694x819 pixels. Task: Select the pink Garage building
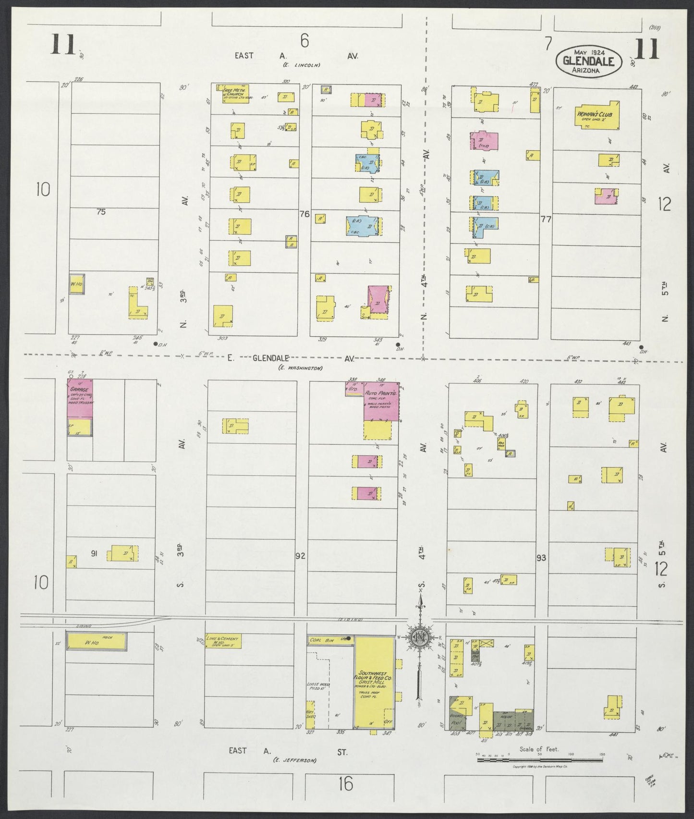click(80, 398)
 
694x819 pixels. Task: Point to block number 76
click(304, 214)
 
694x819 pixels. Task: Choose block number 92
click(301, 556)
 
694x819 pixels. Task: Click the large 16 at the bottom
click(345, 784)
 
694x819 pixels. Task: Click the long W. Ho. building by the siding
click(97, 642)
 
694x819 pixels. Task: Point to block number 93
click(541, 558)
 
